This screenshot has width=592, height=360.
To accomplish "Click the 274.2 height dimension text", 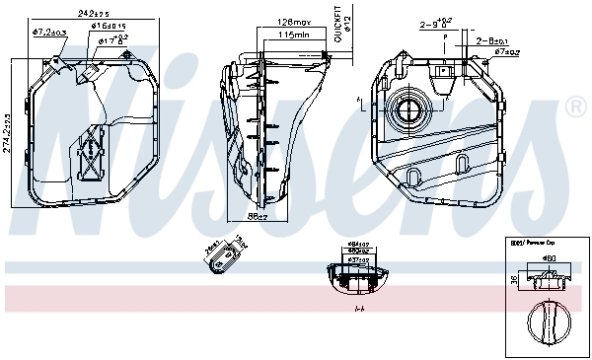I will click(x=11, y=132).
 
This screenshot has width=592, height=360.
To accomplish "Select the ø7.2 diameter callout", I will click(x=49, y=33).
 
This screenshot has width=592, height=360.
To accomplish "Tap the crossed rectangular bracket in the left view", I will click(x=90, y=153).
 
